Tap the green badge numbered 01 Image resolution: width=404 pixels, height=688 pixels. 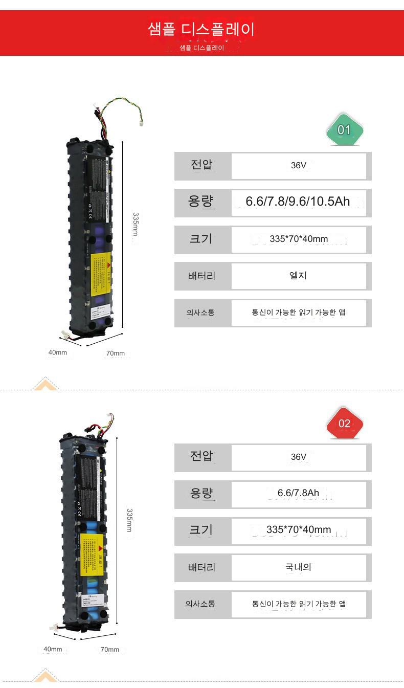tap(344, 130)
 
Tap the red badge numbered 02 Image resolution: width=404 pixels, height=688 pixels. tap(344, 423)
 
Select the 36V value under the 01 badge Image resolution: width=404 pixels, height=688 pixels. tap(299, 166)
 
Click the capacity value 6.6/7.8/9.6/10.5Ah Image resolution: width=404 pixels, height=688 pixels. tap(298, 202)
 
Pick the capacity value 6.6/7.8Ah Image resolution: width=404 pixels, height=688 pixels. tap(298, 493)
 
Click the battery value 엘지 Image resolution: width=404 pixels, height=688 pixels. tap(298, 276)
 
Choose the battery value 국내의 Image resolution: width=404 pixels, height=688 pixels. tap(298, 567)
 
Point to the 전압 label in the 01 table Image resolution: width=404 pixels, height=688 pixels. tap(202, 166)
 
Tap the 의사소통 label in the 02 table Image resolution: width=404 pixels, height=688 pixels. tap(200, 604)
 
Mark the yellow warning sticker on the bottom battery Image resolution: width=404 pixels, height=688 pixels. tap(93, 555)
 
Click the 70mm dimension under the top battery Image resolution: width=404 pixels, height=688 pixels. tap(116, 353)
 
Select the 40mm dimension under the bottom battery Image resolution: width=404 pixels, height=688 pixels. tap(53, 649)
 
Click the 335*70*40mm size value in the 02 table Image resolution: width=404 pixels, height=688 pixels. tap(299, 529)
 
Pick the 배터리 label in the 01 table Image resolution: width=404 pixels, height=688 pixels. tap(202, 276)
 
